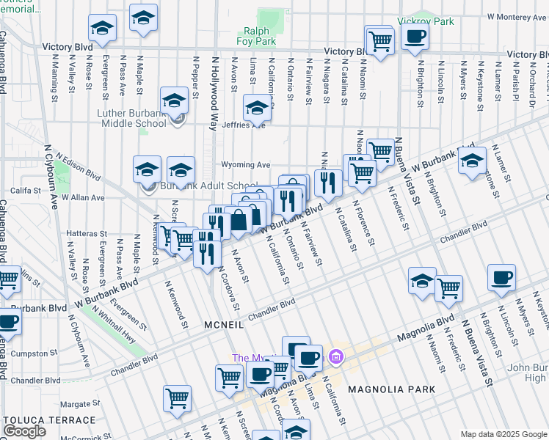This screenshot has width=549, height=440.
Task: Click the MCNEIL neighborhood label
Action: (x=224, y=324)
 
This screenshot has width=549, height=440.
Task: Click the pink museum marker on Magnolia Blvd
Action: (x=336, y=356)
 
